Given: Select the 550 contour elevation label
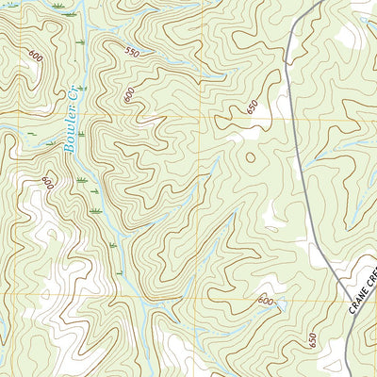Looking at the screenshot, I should (131, 53).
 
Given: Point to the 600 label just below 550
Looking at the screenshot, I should (128, 94).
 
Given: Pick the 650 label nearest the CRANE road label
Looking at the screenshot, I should (312, 339).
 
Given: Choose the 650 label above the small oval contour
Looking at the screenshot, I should (252, 107).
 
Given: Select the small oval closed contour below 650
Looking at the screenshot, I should (250, 156).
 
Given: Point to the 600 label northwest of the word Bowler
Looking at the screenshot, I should (36, 56).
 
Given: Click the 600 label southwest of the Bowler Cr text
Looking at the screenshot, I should (48, 180).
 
